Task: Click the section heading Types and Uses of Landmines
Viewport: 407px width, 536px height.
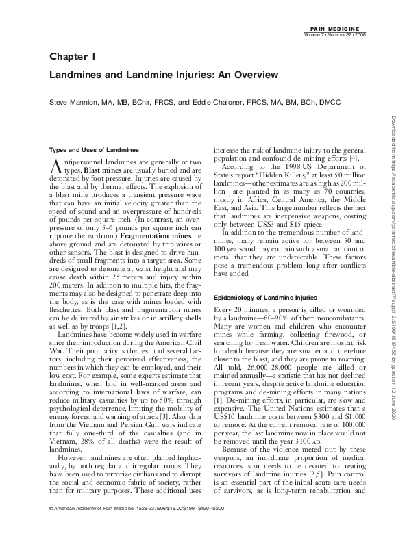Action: pos(95,149)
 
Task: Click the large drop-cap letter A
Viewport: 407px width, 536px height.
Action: pos(58,166)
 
